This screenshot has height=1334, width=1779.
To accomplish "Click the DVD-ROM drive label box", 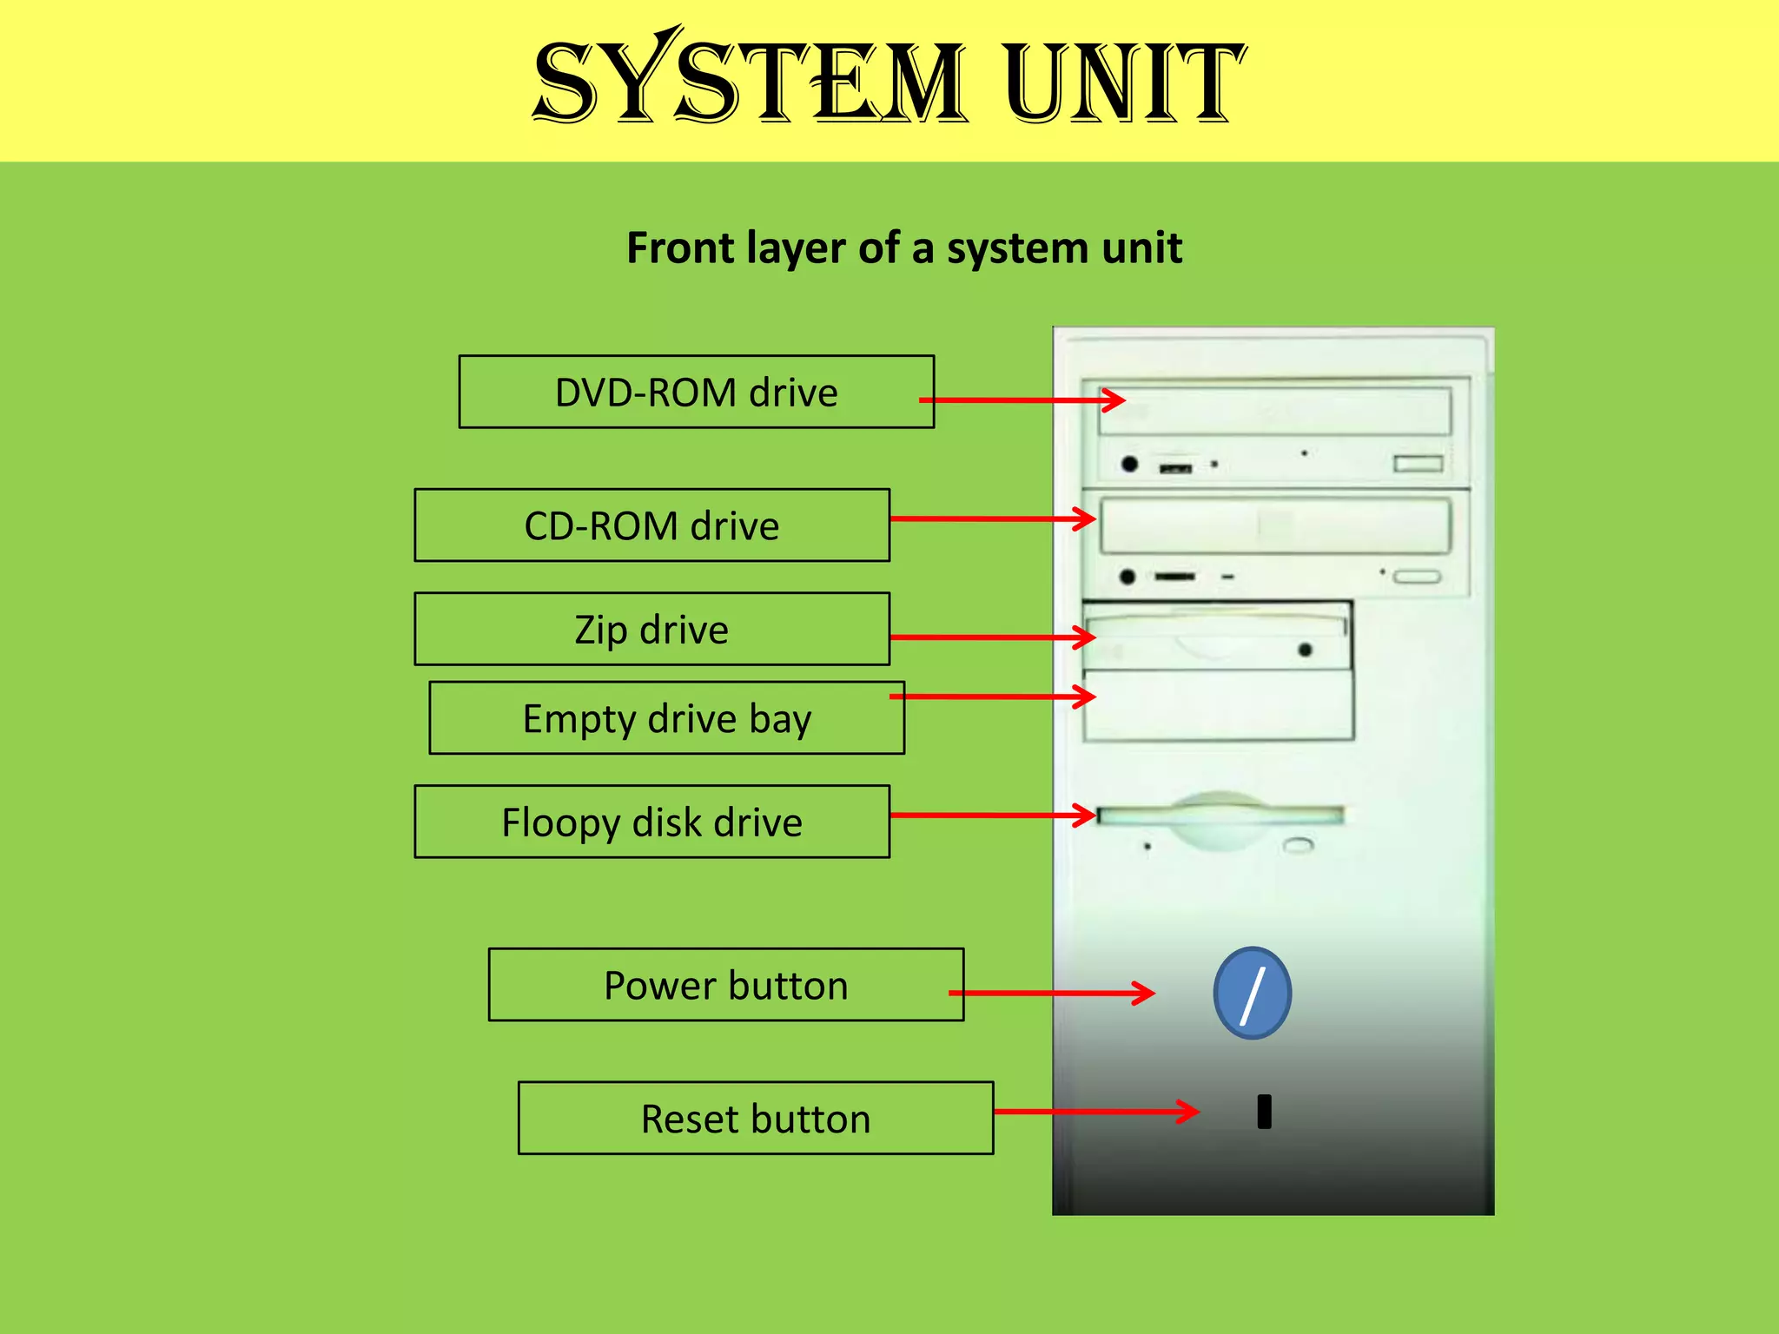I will pos(696,392).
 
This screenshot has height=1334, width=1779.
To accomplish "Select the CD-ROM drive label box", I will pos(651,525).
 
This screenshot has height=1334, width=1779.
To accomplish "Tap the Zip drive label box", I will pos(651,630).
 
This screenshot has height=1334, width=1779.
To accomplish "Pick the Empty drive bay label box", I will pos(666,718).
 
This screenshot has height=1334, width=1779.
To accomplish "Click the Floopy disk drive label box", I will pos(651,822).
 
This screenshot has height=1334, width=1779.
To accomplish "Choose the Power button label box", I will pos(725,985).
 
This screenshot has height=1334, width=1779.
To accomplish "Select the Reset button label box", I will pos(755,1119).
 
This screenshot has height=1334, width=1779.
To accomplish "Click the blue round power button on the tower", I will pos(1252,994).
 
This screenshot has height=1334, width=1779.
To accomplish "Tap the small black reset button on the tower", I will pos(1264,1112).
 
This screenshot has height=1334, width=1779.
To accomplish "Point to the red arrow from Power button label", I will pos(1051,993).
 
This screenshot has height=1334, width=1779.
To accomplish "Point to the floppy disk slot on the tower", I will pos(1220,816).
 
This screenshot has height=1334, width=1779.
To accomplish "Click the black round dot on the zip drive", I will pos(1305,650).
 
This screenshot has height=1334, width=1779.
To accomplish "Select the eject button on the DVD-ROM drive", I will pos(1418,464).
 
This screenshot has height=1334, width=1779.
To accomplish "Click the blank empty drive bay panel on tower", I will pos(1218,705).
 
